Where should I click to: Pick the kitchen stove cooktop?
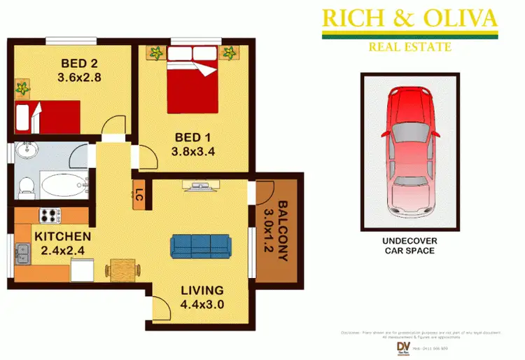point(50,216)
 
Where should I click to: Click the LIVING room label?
point(202,290)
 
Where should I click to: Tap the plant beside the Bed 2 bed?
point(23,88)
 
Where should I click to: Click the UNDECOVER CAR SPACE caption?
point(408,246)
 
